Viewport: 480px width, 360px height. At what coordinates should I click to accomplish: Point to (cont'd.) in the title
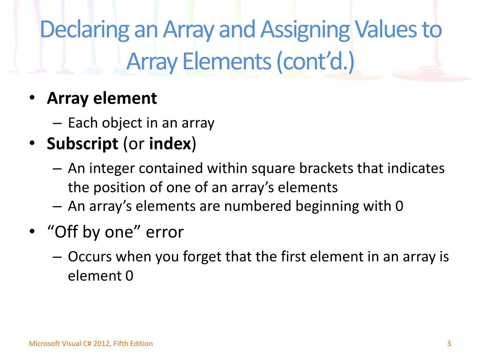pyautogui.click(x=315, y=62)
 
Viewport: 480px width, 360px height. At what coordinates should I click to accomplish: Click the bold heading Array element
pyautogui.click(x=102, y=98)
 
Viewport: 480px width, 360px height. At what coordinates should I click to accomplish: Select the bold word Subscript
pyautogui.click(x=82, y=144)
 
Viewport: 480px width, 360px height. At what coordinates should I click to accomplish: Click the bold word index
pyautogui.click(x=170, y=144)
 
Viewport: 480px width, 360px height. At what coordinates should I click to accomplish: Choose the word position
pyautogui.click(x=116, y=187)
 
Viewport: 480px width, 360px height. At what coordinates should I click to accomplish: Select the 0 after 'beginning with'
pyautogui.click(x=399, y=206)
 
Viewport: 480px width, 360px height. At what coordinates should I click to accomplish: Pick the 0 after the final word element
pyautogui.click(x=129, y=276)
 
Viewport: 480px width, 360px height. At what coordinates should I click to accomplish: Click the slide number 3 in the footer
pyautogui.click(x=449, y=344)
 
